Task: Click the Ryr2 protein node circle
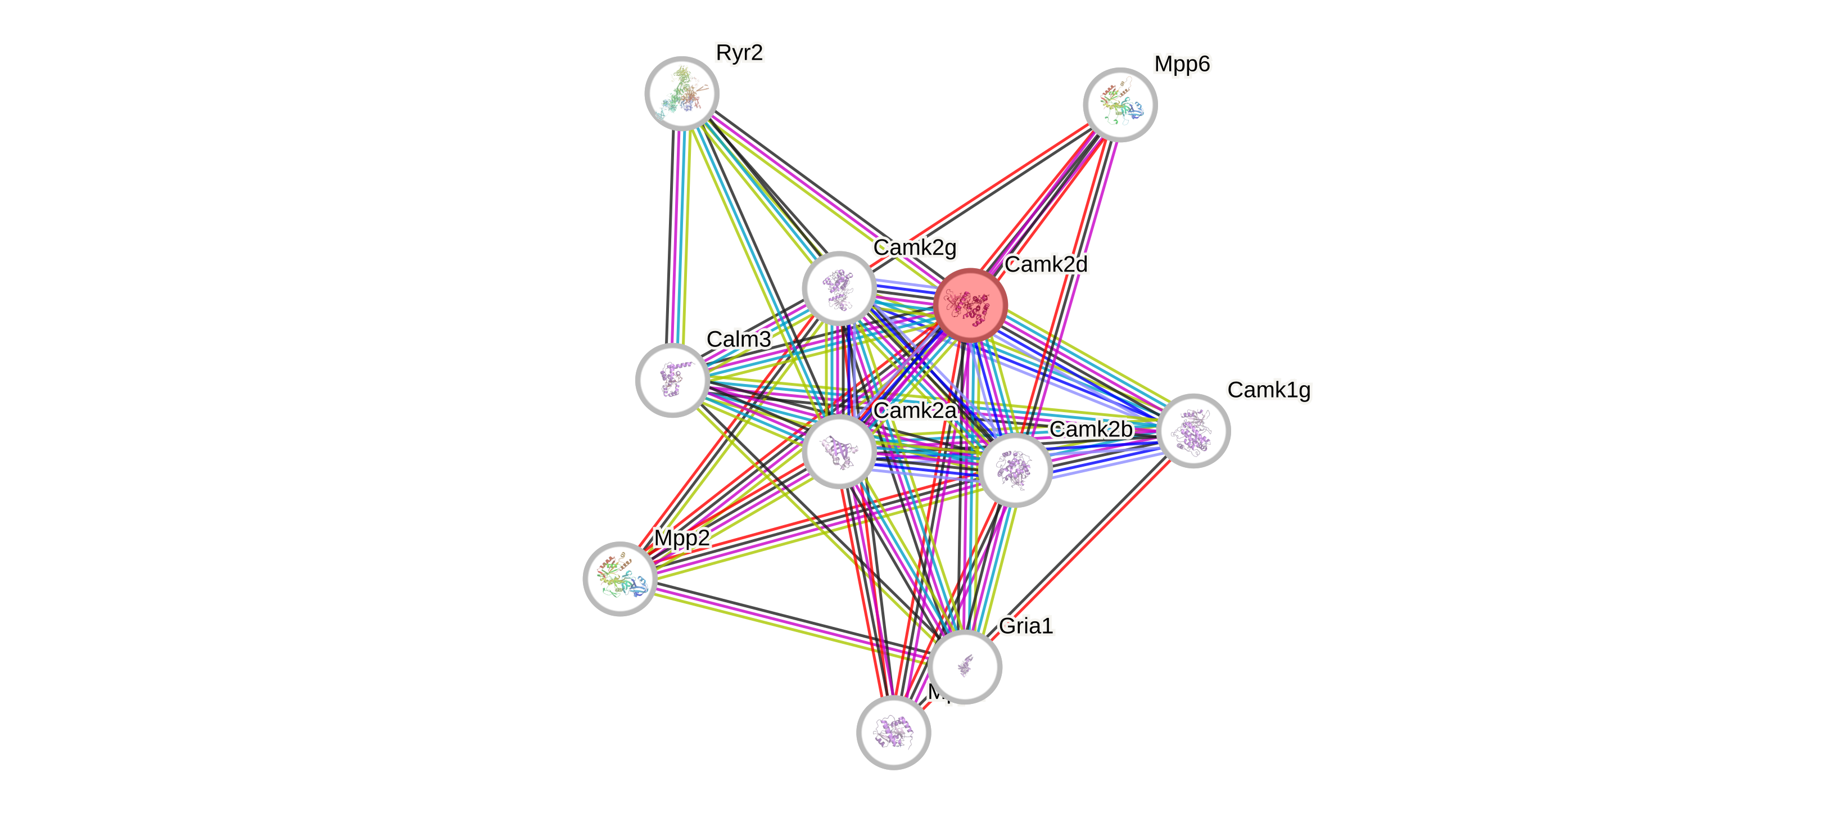681,93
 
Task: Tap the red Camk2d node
970,305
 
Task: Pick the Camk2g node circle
839,288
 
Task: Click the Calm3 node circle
672,380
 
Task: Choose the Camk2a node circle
839,451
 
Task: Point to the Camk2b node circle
1015,470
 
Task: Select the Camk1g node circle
1193,431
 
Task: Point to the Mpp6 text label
1182,65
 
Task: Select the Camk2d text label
1046,264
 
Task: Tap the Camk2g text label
915,247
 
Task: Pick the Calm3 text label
738,339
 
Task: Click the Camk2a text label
915,410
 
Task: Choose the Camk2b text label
1090,429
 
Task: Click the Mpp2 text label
681,538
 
